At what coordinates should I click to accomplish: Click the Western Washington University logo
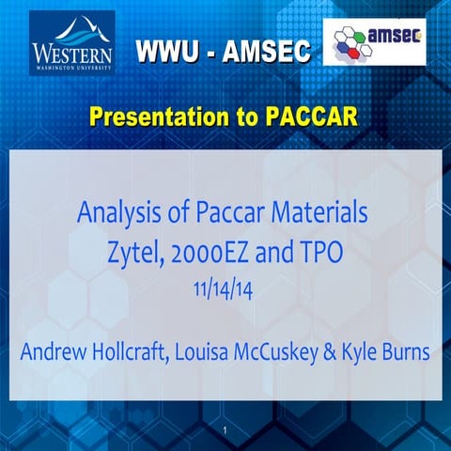[x=72, y=43]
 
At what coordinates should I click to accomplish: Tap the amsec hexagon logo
[x=374, y=42]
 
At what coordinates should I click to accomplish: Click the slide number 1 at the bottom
[x=226, y=430]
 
